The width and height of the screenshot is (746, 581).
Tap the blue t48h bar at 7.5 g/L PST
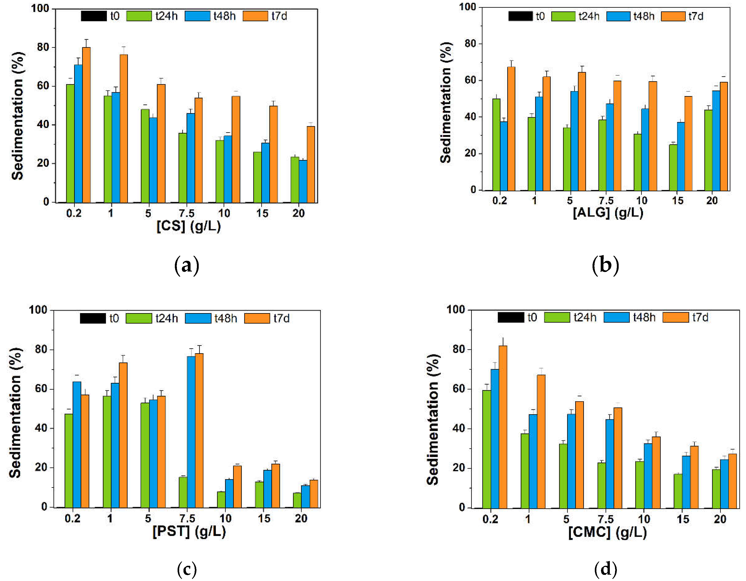pyautogui.click(x=191, y=432)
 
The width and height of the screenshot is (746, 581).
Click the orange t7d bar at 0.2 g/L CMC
pyautogui.click(x=503, y=427)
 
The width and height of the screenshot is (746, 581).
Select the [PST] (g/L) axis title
pyautogui.click(x=189, y=531)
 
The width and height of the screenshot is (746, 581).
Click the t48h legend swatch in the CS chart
pyautogui.click(x=197, y=16)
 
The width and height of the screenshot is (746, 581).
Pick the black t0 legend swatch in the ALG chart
pyautogui.click(x=520, y=16)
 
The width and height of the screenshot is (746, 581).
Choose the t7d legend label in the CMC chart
pyautogui.click(x=700, y=317)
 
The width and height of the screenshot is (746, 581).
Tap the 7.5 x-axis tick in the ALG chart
pyautogui.click(x=606, y=200)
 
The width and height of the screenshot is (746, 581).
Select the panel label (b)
pyautogui.click(x=605, y=265)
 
